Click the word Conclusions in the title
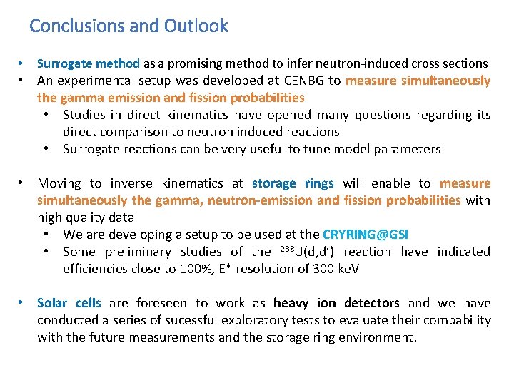(77, 26)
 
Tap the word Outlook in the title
(196, 26)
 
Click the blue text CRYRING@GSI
(366, 235)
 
